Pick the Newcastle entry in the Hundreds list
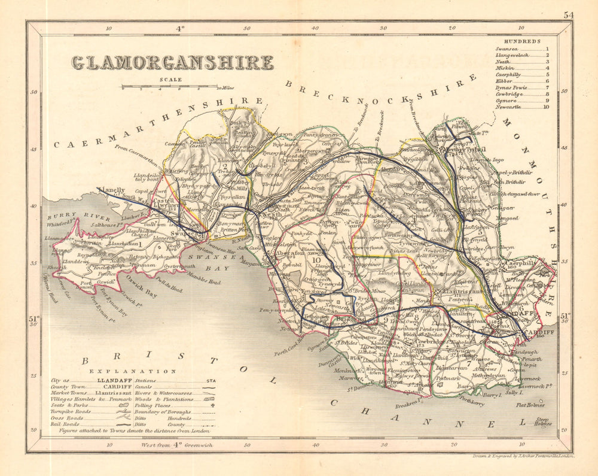[510, 107]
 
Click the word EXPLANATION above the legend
[125, 371]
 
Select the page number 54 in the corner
[568, 16]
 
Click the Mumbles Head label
[198, 280]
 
